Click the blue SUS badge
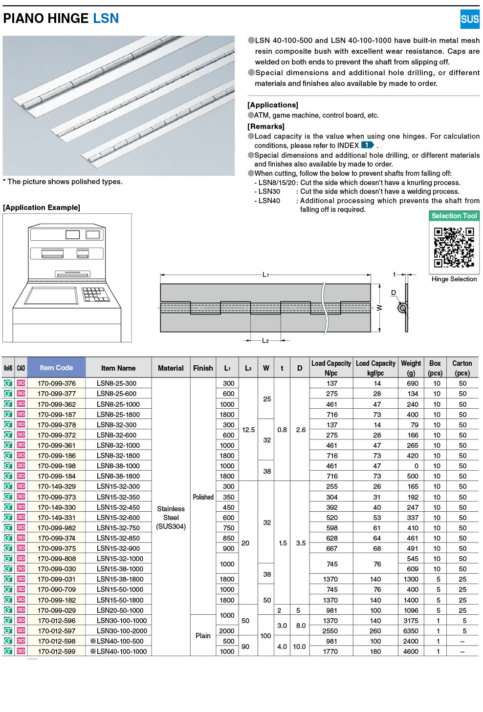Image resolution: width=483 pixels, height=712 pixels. click(469, 19)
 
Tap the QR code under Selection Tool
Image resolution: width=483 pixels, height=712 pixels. click(454, 247)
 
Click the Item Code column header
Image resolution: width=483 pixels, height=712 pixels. click(56, 368)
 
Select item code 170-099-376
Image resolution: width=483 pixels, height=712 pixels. click(57, 383)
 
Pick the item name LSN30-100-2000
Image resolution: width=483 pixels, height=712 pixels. click(122, 631)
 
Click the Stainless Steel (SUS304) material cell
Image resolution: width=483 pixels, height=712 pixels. click(171, 518)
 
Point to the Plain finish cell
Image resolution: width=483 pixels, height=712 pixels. click(203, 636)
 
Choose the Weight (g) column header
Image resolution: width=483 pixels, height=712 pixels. click(411, 368)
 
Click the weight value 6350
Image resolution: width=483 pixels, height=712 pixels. click(411, 631)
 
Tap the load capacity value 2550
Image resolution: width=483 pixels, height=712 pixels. click(330, 631)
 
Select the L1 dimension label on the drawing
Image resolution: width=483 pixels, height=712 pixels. click(266, 275)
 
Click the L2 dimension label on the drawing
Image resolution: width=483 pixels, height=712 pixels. click(265, 340)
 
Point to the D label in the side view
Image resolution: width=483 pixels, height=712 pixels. click(394, 293)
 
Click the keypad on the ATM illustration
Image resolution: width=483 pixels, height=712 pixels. click(96, 294)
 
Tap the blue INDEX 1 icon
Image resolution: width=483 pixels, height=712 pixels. click(367, 145)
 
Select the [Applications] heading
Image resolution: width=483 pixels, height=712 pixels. click(273, 105)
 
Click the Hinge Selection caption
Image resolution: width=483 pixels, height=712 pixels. click(454, 279)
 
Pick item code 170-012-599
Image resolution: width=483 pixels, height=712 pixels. click(57, 651)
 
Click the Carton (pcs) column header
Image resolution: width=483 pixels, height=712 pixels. click(462, 368)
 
